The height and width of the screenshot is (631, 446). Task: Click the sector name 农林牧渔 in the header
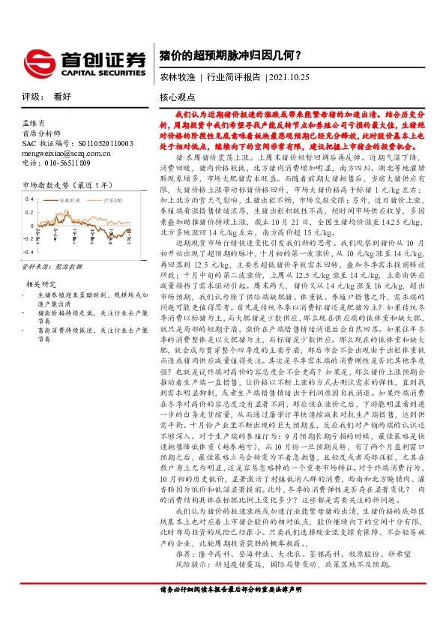pyautogui.click(x=176, y=77)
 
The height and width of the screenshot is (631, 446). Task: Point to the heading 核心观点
pyautogui.click(x=177, y=97)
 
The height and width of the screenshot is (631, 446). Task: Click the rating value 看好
pyautogui.click(x=62, y=97)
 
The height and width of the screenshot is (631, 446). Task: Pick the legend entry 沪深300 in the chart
pyautogui.click(x=113, y=201)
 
